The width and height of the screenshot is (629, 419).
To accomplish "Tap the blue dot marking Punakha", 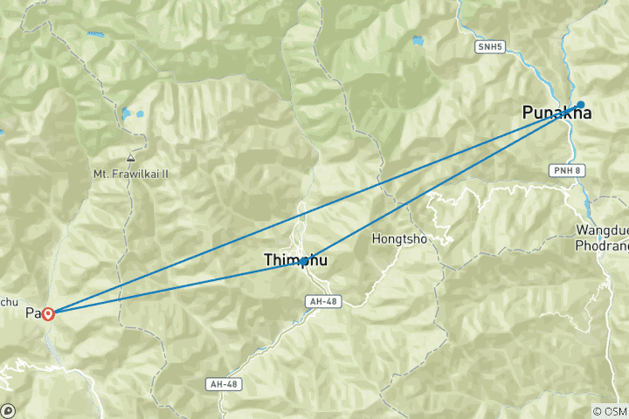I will point(580,104).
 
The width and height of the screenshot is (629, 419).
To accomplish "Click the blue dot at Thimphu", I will point(304,261).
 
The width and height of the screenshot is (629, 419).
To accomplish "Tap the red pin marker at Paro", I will point(48,313).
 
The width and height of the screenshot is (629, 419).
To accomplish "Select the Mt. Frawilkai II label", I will point(130,174).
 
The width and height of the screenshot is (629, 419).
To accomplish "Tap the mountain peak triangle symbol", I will point(130,159).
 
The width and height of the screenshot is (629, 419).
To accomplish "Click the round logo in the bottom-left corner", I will point(8,410).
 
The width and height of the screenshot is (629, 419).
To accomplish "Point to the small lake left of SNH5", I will point(418,40).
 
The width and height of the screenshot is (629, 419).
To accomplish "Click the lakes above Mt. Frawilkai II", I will point(131,113).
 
